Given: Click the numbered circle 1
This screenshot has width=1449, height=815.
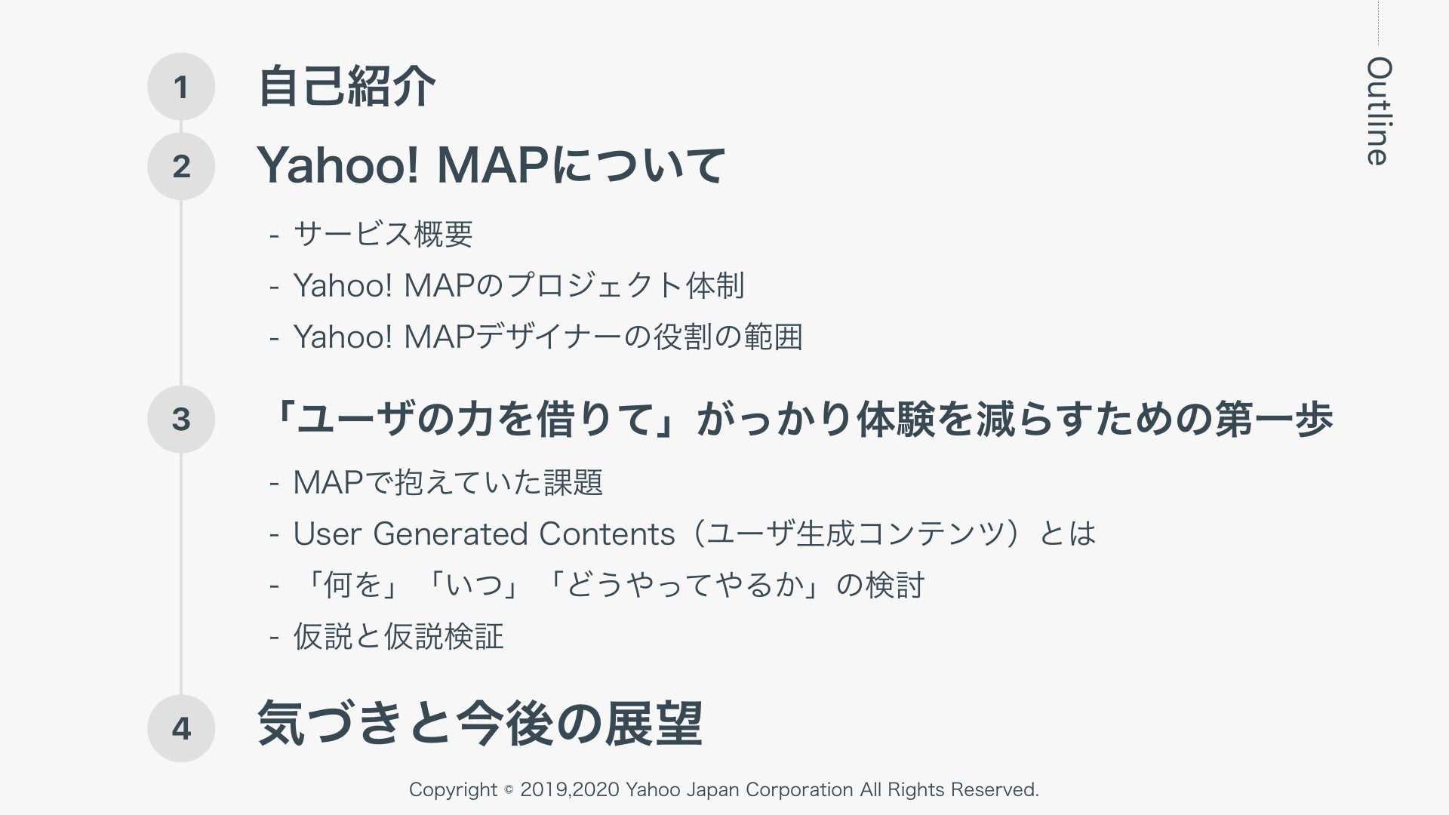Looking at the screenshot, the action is (x=181, y=87).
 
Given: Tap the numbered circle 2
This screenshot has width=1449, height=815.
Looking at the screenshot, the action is (x=181, y=166).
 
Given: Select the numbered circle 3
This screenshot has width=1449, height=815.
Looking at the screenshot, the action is (x=181, y=419).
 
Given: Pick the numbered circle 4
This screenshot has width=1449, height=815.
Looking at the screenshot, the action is (x=181, y=728).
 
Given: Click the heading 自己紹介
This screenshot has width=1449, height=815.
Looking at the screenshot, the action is (x=346, y=86).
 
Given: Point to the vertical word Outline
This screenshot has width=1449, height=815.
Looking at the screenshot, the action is (x=1379, y=111).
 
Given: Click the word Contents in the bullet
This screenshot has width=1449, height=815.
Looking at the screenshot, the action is (x=607, y=534).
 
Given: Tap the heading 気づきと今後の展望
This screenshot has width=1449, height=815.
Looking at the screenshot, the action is (x=480, y=724).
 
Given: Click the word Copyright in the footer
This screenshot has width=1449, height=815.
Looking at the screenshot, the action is (x=453, y=790).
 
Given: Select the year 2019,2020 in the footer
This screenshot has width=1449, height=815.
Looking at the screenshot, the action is (x=569, y=790).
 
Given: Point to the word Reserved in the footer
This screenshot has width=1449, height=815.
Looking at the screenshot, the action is (x=995, y=790).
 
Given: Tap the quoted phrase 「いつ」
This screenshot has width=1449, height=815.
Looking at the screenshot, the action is (x=473, y=586).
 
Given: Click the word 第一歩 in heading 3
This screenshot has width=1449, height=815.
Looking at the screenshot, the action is (x=1274, y=419).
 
